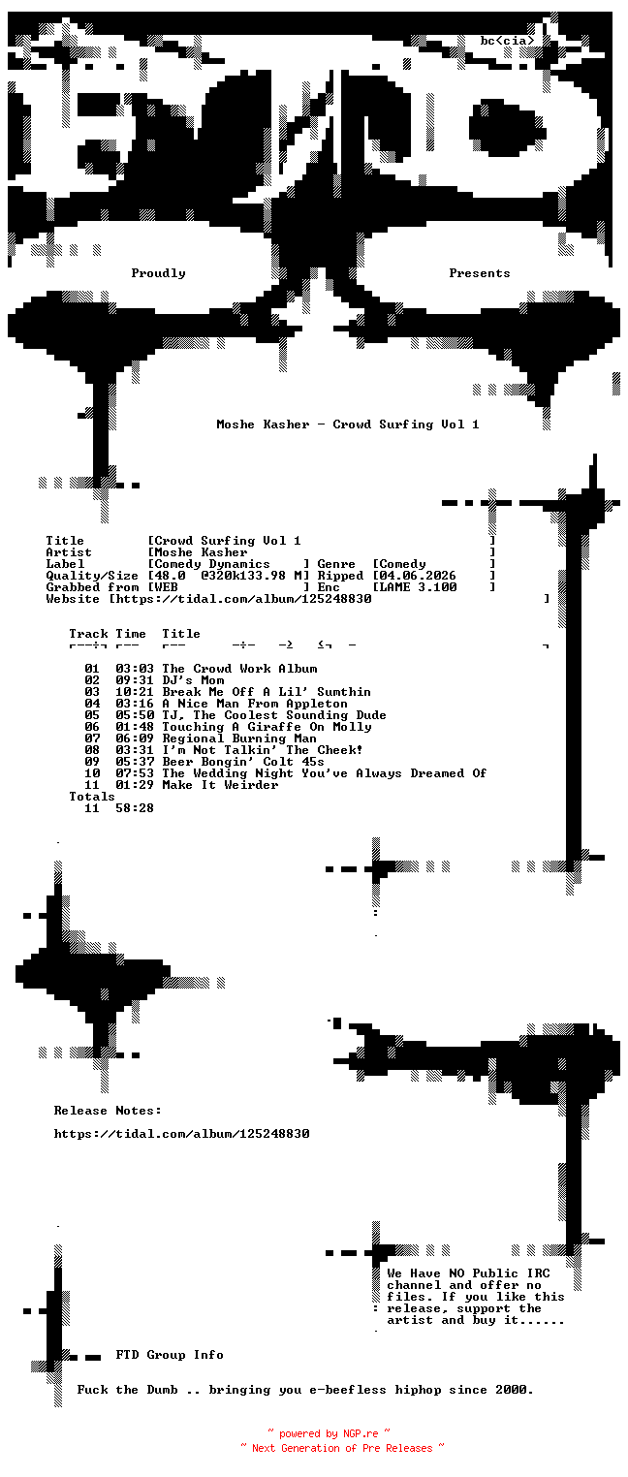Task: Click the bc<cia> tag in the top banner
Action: (x=507, y=41)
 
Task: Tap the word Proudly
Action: (x=158, y=273)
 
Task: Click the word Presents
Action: (x=480, y=273)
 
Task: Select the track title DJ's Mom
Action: (x=193, y=680)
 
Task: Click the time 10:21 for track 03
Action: (x=135, y=692)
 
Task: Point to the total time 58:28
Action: (x=135, y=808)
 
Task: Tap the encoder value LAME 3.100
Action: (x=418, y=587)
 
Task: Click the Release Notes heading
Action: (x=108, y=1111)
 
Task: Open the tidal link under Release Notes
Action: (x=181, y=1134)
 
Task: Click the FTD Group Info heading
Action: (x=170, y=1355)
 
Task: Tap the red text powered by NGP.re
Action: (x=329, y=1434)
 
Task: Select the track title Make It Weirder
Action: (x=220, y=785)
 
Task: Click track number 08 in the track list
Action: (x=92, y=750)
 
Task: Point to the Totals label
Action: (x=92, y=797)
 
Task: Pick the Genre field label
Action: (x=336, y=564)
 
